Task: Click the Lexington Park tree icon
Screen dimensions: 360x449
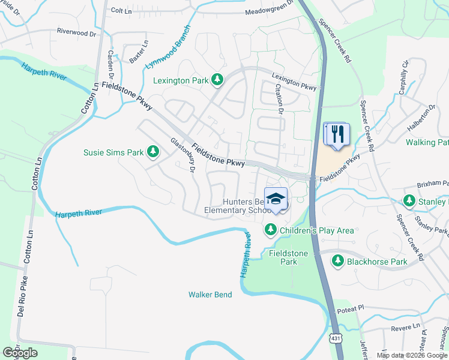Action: pos(217,80)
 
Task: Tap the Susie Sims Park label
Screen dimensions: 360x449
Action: pos(113,152)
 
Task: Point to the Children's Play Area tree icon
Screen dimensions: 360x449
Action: pos(271,230)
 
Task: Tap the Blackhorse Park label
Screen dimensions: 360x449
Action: pos(378,262)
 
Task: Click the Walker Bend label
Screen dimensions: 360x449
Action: pos(211,294)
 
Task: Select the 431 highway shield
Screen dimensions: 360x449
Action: pos(334,338)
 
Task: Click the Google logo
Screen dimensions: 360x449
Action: pos(19,353)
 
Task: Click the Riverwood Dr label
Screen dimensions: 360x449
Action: pos(76,32)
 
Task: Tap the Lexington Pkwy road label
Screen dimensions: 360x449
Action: pos(294,82)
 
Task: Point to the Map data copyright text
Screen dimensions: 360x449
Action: pos(411,355)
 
